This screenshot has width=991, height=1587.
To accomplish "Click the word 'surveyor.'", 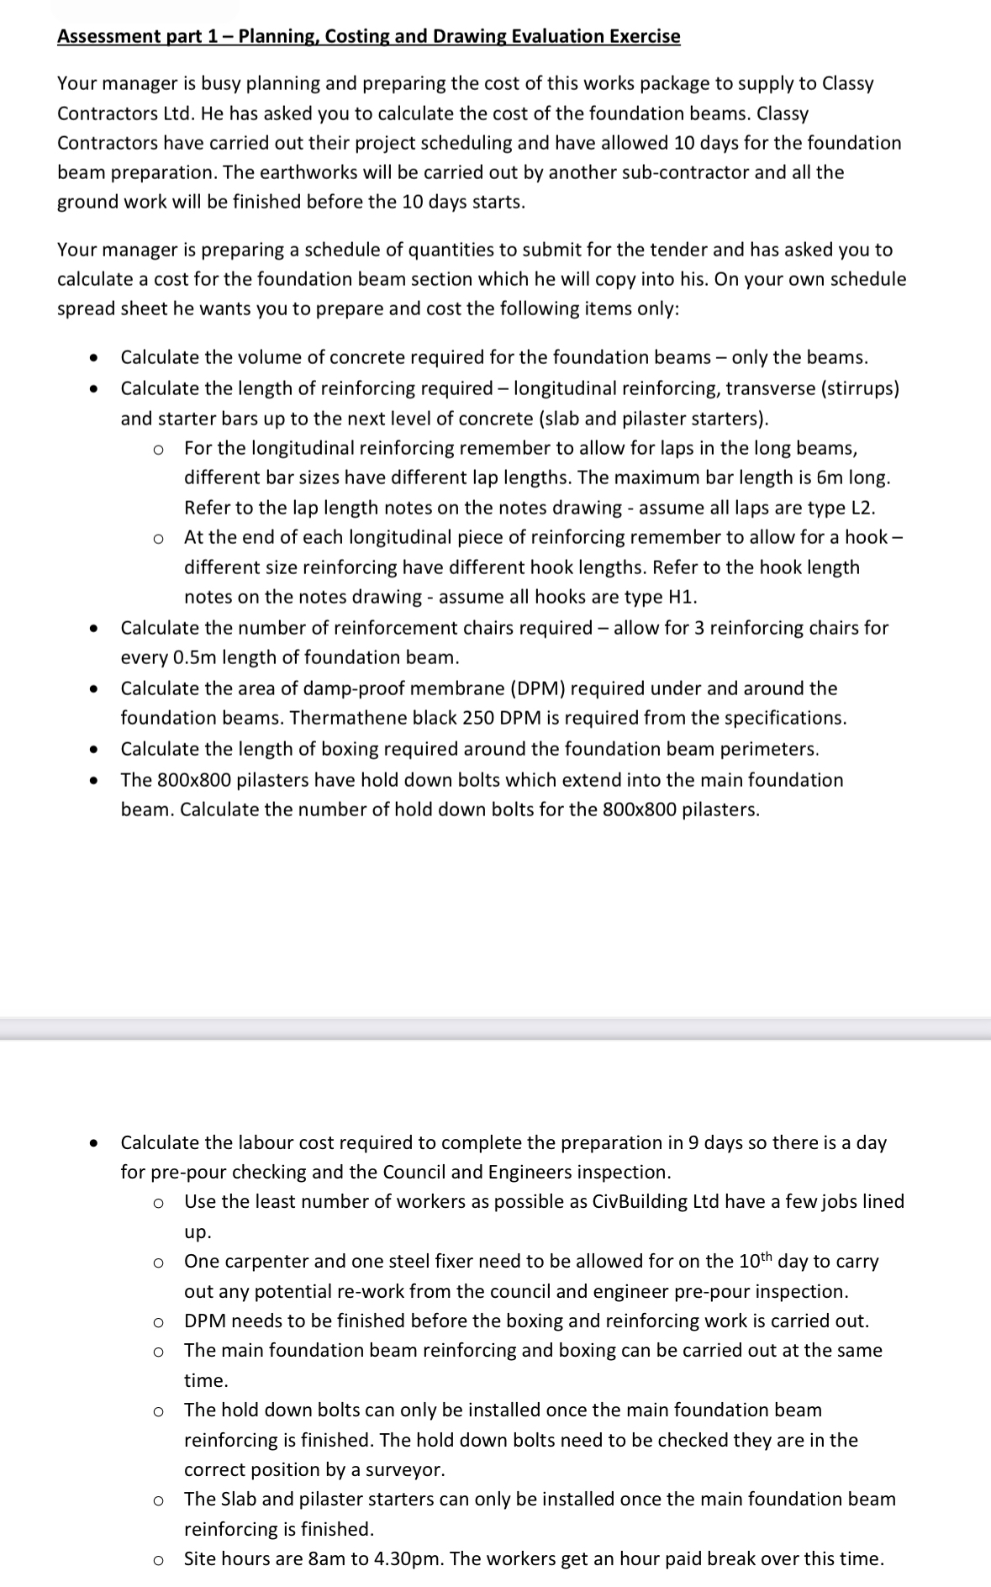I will [x=407, y=1469].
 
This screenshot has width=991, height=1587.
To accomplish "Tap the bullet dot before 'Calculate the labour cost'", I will [x=95, y=1143].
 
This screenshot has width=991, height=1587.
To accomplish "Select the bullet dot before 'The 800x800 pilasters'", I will [x=95, y=781].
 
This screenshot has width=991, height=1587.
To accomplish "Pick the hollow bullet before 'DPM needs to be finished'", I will [x=158, y=1322].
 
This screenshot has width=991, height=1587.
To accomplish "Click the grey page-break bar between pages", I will [x=495, y=1029].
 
